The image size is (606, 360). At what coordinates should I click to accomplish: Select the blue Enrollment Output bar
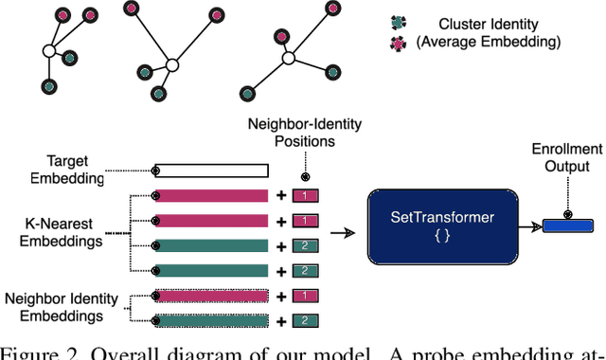click(568, 225)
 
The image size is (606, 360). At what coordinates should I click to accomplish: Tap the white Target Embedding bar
click(211, 171)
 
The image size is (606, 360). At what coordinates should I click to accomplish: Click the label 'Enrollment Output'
click(567, 157)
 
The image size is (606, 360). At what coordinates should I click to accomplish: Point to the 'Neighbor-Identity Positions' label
click(303, 133)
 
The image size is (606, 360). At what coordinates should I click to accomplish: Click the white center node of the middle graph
click(172, 65)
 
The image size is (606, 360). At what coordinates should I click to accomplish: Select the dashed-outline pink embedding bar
click(211, 295)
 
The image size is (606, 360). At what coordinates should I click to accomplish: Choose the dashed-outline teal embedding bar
click(211, 320)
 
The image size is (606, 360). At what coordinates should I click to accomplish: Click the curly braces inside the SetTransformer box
click(441, 235)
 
